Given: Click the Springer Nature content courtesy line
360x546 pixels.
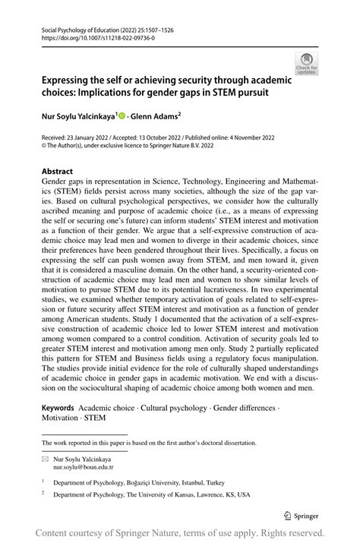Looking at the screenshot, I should point(179,533).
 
